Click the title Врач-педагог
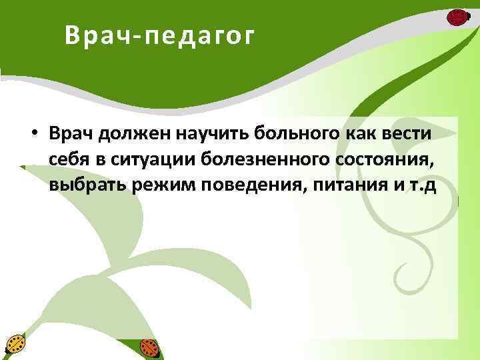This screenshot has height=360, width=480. pos(160,37)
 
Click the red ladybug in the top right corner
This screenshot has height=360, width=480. pos(457,17)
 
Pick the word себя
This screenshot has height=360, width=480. pos(66,160)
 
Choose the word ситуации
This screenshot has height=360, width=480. pos(145,160)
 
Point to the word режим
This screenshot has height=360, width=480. pos(159,185)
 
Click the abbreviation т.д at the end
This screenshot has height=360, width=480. pos(420,185)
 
